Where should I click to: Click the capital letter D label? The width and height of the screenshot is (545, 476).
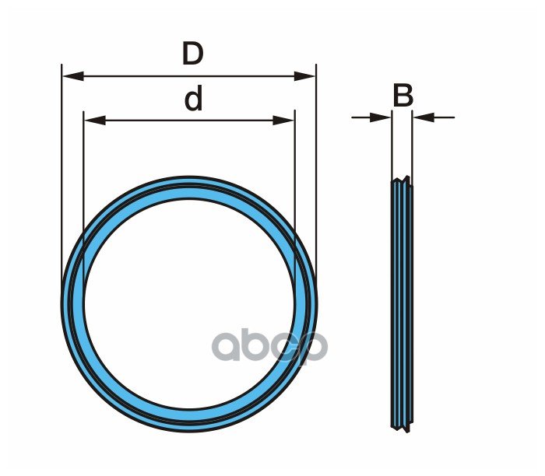pos(192,54)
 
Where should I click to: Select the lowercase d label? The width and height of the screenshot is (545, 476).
pos(193,99)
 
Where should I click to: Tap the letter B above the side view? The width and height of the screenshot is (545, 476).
pos(403,96)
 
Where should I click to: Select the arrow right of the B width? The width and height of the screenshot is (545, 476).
pos(425,117)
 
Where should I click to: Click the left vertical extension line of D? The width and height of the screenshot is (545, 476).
pos(62,171)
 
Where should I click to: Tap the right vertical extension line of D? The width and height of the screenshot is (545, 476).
pos(316,171)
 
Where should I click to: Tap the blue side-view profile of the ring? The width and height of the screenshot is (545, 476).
pos(402,303)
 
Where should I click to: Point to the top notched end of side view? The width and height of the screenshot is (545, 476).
pos(402,184)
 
